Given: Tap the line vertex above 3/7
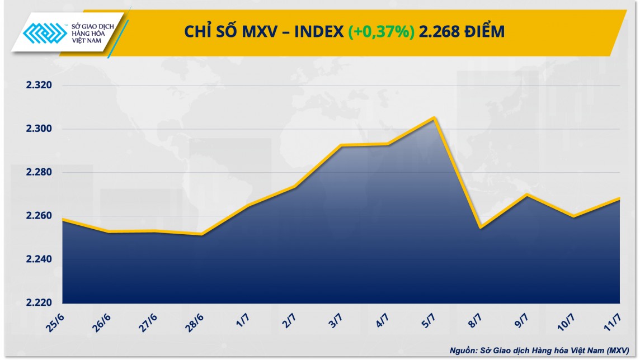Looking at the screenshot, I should (341, 145).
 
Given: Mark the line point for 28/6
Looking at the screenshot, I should (201, 234).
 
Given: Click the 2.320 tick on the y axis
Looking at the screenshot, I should (37, 86).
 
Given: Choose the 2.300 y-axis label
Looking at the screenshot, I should (37, 129).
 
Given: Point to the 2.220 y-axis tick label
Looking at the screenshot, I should (37, 303).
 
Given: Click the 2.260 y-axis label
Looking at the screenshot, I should (37, 216).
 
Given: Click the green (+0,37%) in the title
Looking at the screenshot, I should (382, 32).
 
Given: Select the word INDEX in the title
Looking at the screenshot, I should (319, 32).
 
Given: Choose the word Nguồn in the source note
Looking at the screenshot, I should (464, 350).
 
